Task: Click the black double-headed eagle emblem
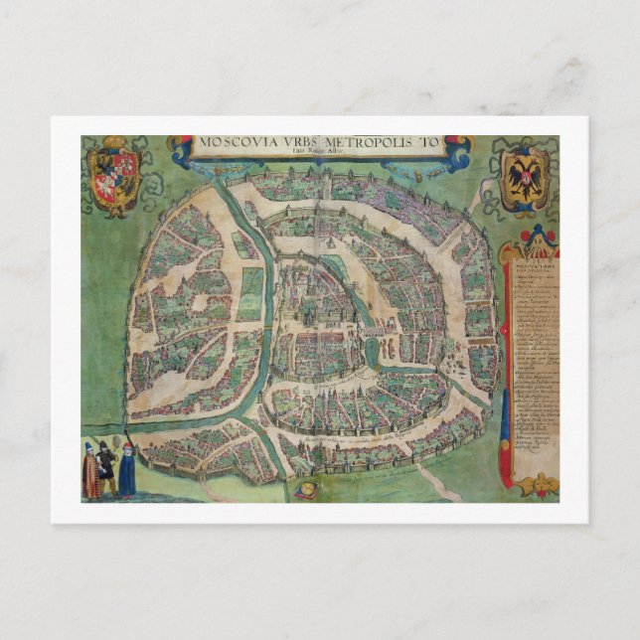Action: click(523, 178)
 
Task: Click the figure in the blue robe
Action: click(127, 471)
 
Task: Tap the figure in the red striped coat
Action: click(91, 472)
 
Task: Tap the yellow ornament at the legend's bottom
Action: click(535, 486)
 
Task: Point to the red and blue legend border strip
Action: click(507, 368)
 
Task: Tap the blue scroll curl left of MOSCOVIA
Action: click(181, 149)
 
